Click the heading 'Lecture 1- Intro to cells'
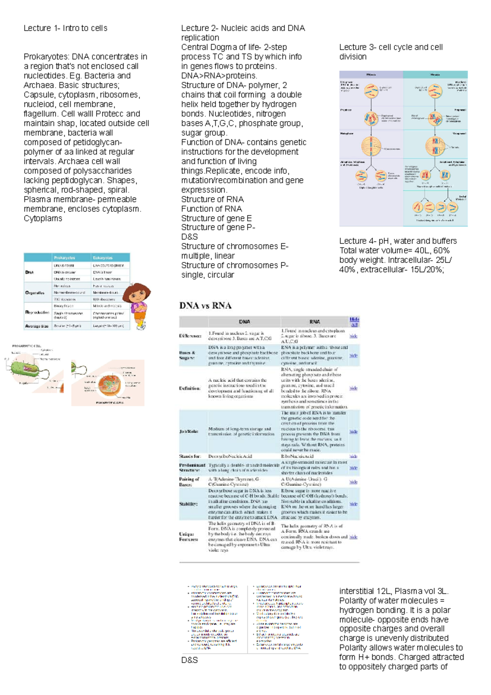tap(65, 28)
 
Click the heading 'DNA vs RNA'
tap(205, 305)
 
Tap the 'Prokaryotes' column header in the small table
tap(65, 257)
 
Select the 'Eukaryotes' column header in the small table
tap(103, 257)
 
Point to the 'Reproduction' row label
tap(37, 312)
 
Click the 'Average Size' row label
tap(37, 326)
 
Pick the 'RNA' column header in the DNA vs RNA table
tap(314, 322)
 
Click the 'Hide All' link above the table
tap(354, 322)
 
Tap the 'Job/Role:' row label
tap(189, 431)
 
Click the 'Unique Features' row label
tap(189, 537)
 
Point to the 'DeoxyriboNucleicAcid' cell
tap(230, 456)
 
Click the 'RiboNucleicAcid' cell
tap(297, 456)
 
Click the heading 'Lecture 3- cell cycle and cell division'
tap(391, 52)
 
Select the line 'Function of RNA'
tap(212, 209)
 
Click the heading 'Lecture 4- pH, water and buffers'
tap(398, 241)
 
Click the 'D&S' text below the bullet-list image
tap(189, 660)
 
